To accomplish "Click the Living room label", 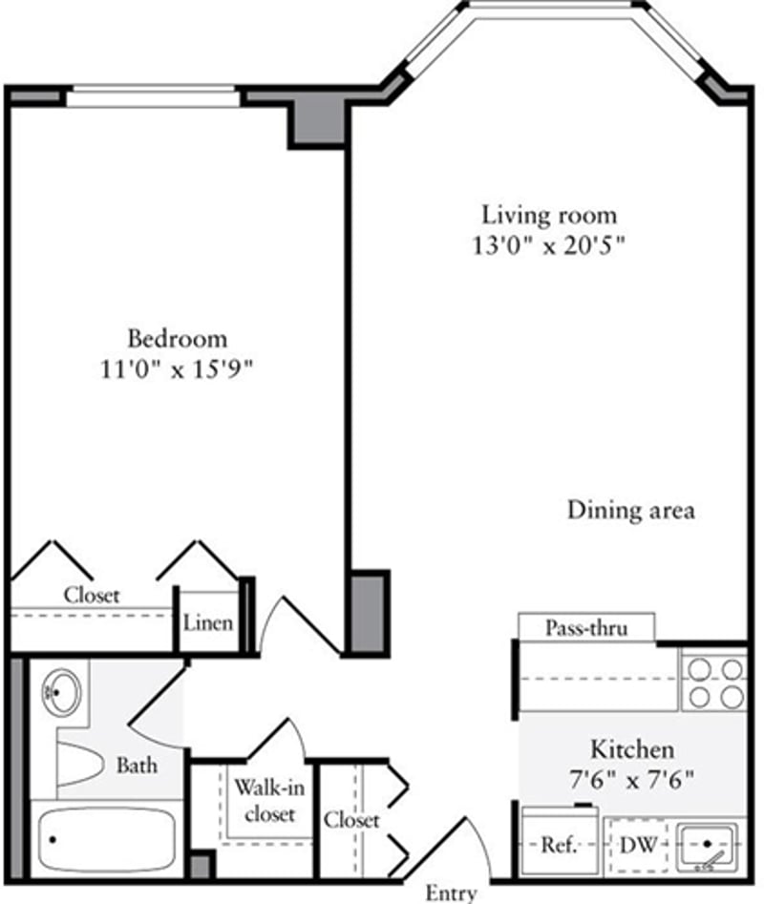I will coord(548,215).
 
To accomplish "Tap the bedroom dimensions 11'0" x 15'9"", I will coord(179,368).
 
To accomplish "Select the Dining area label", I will coord(630,510).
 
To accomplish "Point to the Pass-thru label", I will coord(585,628).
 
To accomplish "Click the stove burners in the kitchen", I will coord(712,682).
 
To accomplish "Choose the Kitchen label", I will coord(631,748).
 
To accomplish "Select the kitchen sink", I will coord(708,846).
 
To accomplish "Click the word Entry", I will coord(451,893).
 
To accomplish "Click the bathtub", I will coord(105,838).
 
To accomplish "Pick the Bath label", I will coord(137,765).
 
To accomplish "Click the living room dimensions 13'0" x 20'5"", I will coord(548,245).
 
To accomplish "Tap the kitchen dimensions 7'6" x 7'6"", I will coord(630,779).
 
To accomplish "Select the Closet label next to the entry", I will coord(350,820).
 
